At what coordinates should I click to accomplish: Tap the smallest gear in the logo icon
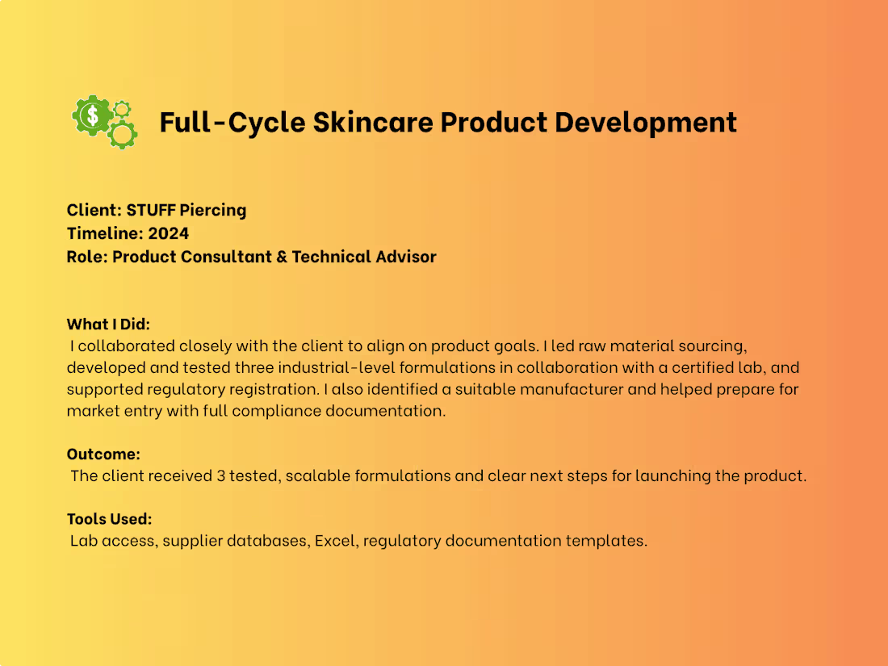[x=123, y=107]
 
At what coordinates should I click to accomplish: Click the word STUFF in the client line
[x=150, y=210]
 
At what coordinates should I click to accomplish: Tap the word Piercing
[x=212, y=210]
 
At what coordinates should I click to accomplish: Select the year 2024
[x=169, y=233]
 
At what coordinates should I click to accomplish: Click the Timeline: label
[x=104, y=233]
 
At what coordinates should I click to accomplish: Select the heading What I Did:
[x=108, y=324]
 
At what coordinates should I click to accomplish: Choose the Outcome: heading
[x=103, y=454]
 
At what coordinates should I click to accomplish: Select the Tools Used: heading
[x=109, y=518]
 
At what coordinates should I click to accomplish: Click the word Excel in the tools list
[x=333, y=540]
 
